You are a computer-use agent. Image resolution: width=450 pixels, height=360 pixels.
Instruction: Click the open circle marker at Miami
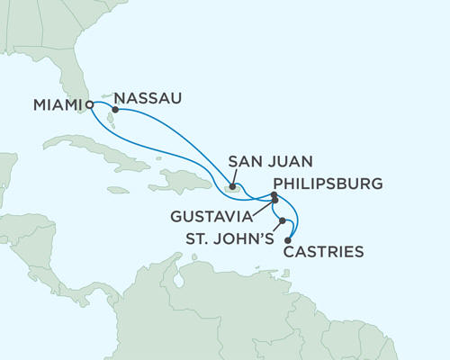click(x=90, y=104)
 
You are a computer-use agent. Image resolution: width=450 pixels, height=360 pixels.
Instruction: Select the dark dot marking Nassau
click(x=115, y=110)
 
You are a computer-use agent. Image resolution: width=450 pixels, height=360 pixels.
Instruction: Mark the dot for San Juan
click(x=233, y=187)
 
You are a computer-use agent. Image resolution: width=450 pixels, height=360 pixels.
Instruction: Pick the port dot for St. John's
click(x=283, y=220)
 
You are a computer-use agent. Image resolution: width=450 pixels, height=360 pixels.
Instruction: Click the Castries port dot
click(x=288, y=239)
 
